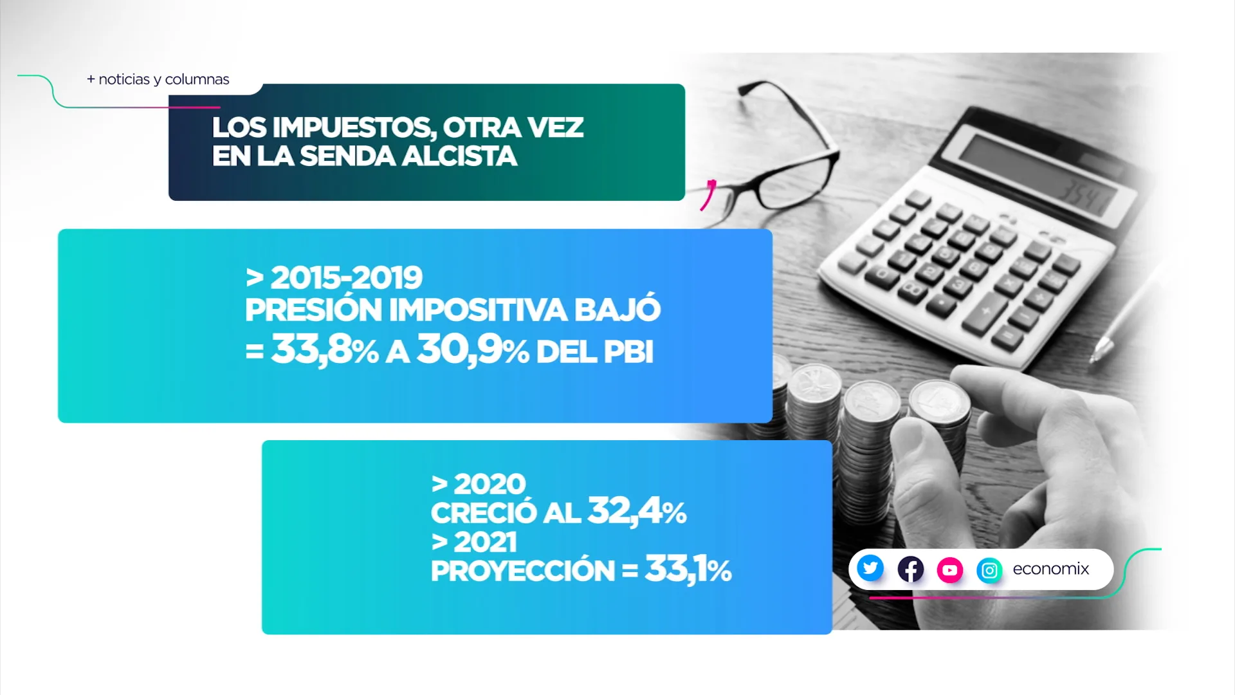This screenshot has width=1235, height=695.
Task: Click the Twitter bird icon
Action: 870,568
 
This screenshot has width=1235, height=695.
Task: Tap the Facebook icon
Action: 910,569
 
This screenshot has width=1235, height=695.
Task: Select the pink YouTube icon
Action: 949,570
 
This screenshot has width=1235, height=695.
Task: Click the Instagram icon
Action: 989,570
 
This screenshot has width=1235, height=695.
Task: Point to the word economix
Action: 1051,569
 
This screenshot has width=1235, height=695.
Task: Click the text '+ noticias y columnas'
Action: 158,79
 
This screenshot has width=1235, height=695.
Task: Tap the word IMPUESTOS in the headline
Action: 354,127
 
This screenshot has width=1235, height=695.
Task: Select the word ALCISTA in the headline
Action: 459,156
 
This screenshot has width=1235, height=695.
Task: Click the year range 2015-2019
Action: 346,278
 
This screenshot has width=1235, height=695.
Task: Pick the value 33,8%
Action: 325,350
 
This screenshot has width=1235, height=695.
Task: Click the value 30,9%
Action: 473,350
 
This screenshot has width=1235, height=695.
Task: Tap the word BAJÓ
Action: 617,308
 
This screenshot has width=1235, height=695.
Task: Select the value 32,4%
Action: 637,511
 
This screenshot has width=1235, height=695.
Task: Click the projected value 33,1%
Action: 688,569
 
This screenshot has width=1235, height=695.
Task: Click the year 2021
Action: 485,542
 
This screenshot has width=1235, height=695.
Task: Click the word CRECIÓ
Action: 484,513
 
